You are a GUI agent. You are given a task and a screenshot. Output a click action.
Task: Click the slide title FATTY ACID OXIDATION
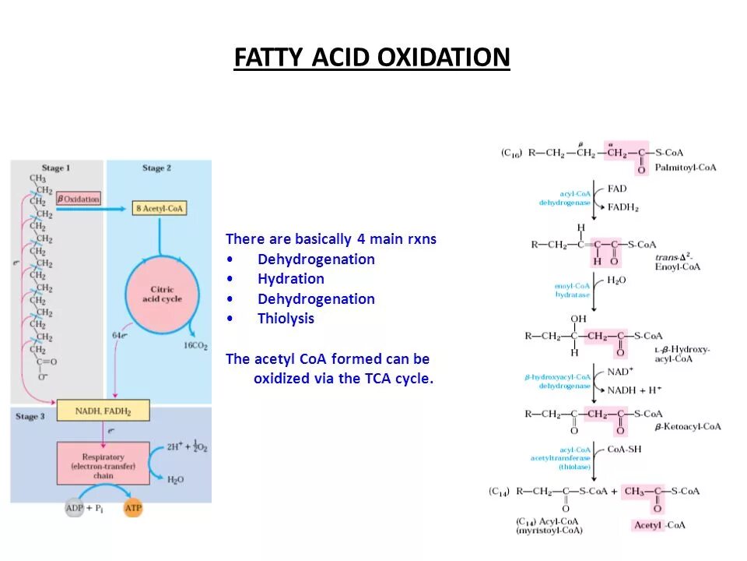coord(372,58)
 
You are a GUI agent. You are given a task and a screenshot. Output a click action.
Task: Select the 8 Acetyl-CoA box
coord(160,208)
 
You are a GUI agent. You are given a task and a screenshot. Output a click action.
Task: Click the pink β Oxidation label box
coord(79,199)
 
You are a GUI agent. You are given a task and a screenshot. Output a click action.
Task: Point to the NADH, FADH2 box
coord(103,410)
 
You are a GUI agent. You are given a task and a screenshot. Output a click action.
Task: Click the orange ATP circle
coord(134,508)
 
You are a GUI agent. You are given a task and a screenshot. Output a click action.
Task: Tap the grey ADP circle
coord(75,508)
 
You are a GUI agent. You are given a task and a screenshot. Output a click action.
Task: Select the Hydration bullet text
coord(291,279)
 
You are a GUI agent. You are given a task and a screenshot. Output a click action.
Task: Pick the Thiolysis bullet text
coord(286,319)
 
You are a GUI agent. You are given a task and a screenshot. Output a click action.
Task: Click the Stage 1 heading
coord(56,168)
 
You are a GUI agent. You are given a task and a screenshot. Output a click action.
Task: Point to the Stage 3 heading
coord(30,417)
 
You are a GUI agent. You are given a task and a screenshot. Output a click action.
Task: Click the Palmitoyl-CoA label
coord(686,168)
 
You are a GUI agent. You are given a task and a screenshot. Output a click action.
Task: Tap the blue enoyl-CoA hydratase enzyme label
coord(572,291)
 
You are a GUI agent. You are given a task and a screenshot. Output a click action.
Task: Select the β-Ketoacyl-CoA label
coord(687,427)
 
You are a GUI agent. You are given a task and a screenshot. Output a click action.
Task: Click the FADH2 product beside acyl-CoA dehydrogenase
coord(623,207)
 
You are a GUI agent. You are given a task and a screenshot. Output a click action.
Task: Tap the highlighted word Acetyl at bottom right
coord(647,525)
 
